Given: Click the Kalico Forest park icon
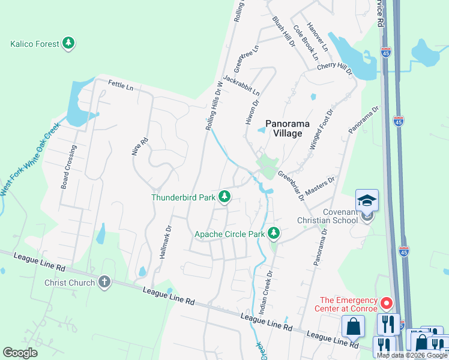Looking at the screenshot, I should [69, 43].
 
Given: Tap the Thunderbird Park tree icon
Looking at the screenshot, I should [224, 196].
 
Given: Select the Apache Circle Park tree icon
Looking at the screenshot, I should [274, 233].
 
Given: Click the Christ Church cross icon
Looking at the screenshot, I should [104, 282].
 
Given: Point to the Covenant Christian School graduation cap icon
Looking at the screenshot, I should [367, 200].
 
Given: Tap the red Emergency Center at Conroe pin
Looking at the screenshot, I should [387, 304].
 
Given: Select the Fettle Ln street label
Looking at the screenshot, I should [121, 86].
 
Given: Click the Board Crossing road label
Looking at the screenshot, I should [68, 167].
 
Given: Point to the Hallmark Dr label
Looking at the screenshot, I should [165, 242].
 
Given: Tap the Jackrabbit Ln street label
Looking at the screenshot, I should [242, 85].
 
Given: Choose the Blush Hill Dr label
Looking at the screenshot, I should [284, 32].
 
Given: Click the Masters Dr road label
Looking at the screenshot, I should [319, 185].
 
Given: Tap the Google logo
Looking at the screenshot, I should [20, 353].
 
